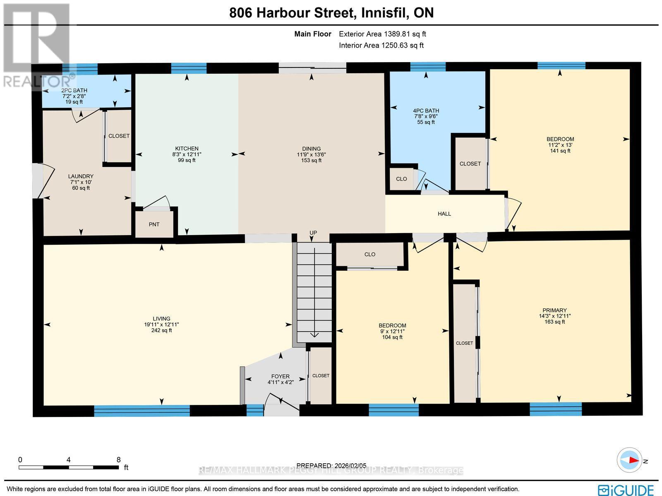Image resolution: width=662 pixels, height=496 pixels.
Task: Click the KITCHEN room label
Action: (x=187, y=149)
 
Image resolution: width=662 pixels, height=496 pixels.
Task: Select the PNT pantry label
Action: (x=154, y=224)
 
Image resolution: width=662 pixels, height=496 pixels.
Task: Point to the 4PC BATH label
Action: (x=426, y=111)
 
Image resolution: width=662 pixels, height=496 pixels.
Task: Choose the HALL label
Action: (x=444, y=214)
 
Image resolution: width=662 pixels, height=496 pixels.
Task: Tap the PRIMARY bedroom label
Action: (x=554, y=310)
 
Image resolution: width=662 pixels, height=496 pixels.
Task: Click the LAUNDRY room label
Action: (x=81, y=176)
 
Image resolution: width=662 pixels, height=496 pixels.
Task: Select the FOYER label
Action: (x=280, y=376)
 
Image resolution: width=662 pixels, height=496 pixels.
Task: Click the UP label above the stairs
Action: (x=313, y=233)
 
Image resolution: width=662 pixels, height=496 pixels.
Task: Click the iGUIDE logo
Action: (x=627, y=490)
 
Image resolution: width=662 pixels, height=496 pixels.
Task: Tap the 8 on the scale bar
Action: (x=119, y=460)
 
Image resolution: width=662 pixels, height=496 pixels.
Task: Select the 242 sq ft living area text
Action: (x=161, y=330)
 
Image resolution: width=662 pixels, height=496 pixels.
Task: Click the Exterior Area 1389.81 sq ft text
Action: (x=382, y=34)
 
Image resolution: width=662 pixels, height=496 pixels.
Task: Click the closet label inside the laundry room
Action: (x=119, y=136)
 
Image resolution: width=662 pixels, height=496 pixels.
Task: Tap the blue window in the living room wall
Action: (x=142, y=410)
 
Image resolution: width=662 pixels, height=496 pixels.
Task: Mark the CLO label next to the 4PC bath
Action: (x=401, y=179)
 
